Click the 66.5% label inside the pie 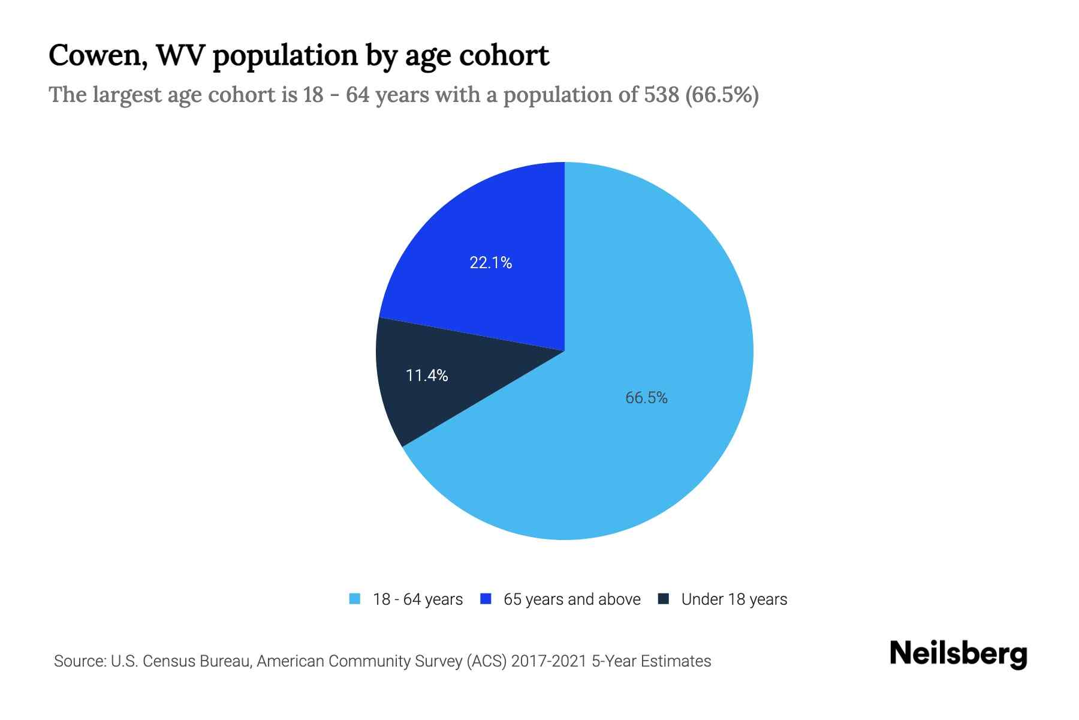point(646,398)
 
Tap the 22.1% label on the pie point(490,263)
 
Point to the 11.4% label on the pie point(427,376)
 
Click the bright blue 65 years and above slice point(480,228)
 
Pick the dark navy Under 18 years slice point(420,396)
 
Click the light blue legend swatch point(355,599)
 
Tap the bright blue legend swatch point(486,599)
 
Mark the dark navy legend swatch point(664,599)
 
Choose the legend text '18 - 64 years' point(418,599)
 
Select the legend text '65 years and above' point(572,599)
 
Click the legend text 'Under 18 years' point(734,599)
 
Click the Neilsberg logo point(958,654)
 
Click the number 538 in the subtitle point(662,95)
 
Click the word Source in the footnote point(79,661)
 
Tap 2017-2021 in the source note point(549,661)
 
